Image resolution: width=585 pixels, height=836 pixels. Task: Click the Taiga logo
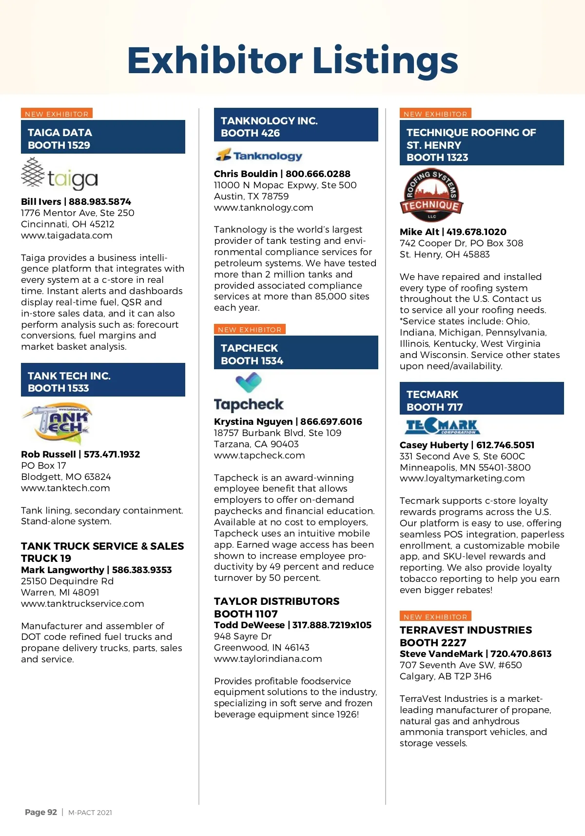[59, 175]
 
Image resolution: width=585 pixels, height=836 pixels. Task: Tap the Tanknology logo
[259, 156]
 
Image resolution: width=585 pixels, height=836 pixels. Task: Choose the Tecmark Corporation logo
[442, 427]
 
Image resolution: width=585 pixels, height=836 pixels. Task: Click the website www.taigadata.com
[66, 236]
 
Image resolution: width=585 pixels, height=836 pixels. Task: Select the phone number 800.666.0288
[318, 174]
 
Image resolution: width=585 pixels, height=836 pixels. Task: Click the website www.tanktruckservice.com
[82, 604]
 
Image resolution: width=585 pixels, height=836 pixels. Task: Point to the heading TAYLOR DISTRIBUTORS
[276, 601]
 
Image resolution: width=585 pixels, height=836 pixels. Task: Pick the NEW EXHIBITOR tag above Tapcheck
[250, 330]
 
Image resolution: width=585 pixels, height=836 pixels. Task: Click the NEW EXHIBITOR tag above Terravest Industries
[435, 617]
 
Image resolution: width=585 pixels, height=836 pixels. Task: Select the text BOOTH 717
[434, 407]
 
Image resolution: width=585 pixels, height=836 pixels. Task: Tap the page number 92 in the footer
[52, 812]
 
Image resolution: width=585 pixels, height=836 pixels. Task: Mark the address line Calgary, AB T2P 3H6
[445, 677]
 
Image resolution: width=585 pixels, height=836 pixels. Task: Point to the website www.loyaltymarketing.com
[462, 478]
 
